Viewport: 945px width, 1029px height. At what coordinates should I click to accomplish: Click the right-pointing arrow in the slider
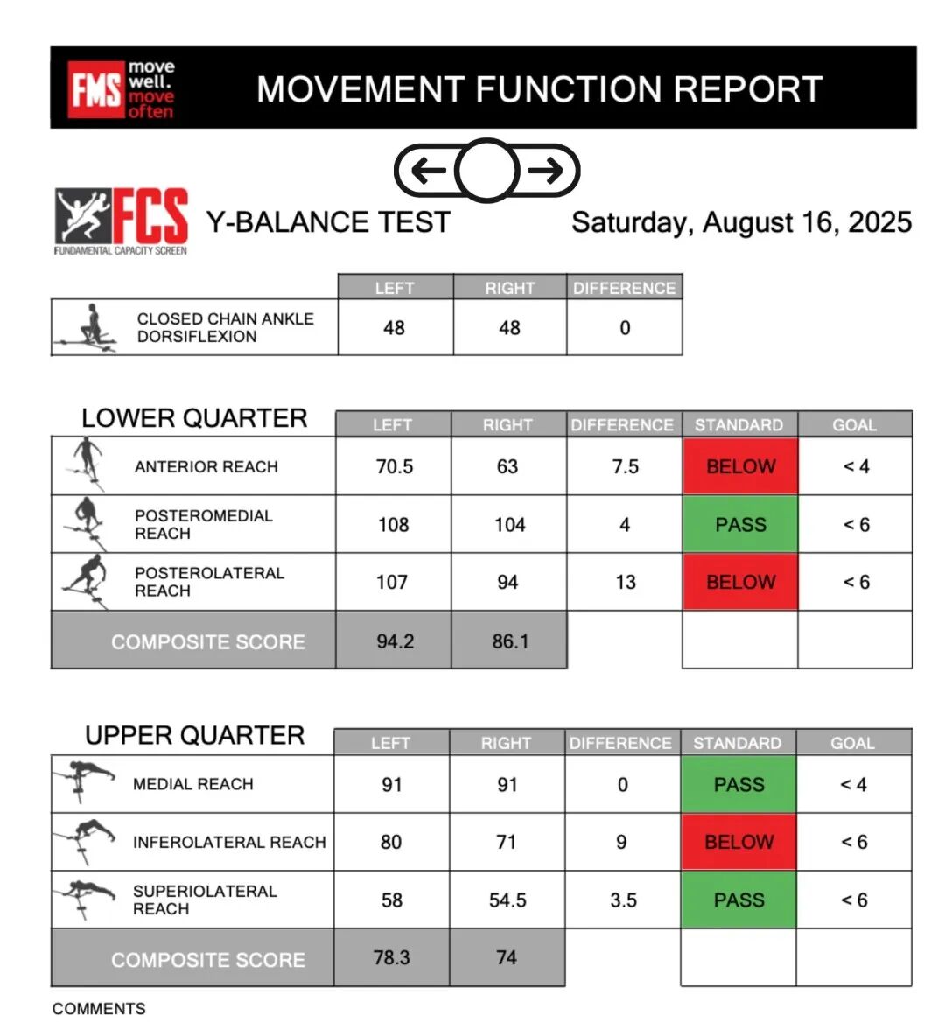(x=546, y=170)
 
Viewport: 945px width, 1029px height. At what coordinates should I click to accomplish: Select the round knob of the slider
(x=486, y=170)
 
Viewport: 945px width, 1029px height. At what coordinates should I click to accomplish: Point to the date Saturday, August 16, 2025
(x=741, y=222)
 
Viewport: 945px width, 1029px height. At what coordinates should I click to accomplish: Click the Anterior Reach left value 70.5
(x=394, y=466)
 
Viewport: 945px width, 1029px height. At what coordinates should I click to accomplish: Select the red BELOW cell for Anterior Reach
(x=740, y=466)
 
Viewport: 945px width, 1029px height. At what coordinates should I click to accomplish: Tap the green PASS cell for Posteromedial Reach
(x=740, y=524)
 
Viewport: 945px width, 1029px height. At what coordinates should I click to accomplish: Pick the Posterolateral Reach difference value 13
(x=625, y=582)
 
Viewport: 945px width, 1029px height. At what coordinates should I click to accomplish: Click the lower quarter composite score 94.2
(x=395, y=641)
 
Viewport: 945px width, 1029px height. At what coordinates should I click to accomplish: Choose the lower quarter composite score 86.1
(x=510, y=641)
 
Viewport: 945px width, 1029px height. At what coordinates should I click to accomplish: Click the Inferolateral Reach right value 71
(x=507, y=842)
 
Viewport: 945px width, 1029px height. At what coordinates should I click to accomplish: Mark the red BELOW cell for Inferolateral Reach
(x=738, y=842)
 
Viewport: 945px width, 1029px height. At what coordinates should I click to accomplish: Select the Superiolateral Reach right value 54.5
(x=507, y=899)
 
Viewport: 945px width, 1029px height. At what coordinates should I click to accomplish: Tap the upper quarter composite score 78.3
(x=391, y=957)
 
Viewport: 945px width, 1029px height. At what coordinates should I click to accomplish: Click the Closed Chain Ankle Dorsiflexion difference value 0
(x=625, y=328)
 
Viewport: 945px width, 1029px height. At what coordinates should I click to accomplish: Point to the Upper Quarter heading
(x=194, y=735)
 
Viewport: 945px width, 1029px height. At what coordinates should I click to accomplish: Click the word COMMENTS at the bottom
(x=99, y=1008)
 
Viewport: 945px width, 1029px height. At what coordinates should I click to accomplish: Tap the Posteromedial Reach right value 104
(x=509, y=524)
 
